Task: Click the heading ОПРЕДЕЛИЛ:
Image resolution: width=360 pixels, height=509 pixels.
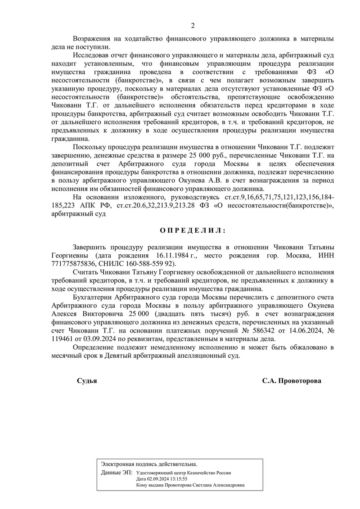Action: pyautogui.click(x=193, y=230)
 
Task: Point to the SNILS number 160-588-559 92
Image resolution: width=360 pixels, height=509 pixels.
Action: pyautogui.click(x=139, y=264)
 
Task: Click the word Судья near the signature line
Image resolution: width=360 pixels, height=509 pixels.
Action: pyautogui.click(x=87, y=380)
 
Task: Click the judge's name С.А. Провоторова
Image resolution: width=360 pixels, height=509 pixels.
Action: pyautogui.click(x=292, y=380)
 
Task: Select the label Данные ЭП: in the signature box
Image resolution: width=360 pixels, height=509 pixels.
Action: pyautogui.click(x=117, y=473)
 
